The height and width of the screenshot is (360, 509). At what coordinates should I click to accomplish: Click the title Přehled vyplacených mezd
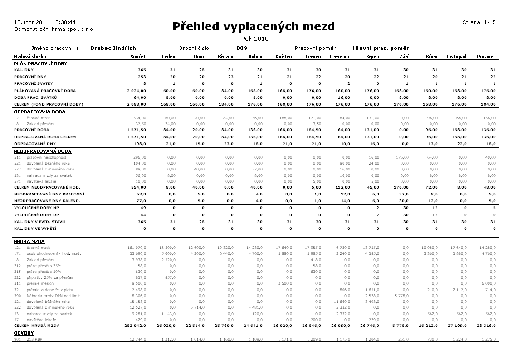tap(254, 26)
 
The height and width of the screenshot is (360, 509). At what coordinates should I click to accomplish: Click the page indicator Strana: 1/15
tap(479, 22)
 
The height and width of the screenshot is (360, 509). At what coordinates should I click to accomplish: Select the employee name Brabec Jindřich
tap(113, 48)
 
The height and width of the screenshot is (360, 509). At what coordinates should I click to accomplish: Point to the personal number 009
tap(242, 48)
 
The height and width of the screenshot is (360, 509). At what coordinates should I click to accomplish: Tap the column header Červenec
tap(339, 57)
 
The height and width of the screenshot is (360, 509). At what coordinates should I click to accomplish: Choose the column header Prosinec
tap(486, 57)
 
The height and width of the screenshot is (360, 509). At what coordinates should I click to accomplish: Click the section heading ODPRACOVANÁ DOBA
tap(39, 112)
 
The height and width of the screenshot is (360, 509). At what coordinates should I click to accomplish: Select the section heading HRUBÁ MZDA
tap(29, 241)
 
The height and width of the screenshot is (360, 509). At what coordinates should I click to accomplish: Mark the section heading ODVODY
tap(24, 332)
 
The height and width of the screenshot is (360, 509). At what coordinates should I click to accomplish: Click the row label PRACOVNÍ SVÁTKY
tap(33, 84)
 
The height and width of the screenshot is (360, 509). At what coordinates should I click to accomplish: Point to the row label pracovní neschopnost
tap(46, 157)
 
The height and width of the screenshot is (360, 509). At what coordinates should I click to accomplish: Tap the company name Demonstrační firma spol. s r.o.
tap(54, 29)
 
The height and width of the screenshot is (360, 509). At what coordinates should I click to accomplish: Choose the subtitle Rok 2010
tap(254, 39)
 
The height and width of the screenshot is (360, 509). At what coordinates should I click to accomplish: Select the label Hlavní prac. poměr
tap(381, 48)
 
